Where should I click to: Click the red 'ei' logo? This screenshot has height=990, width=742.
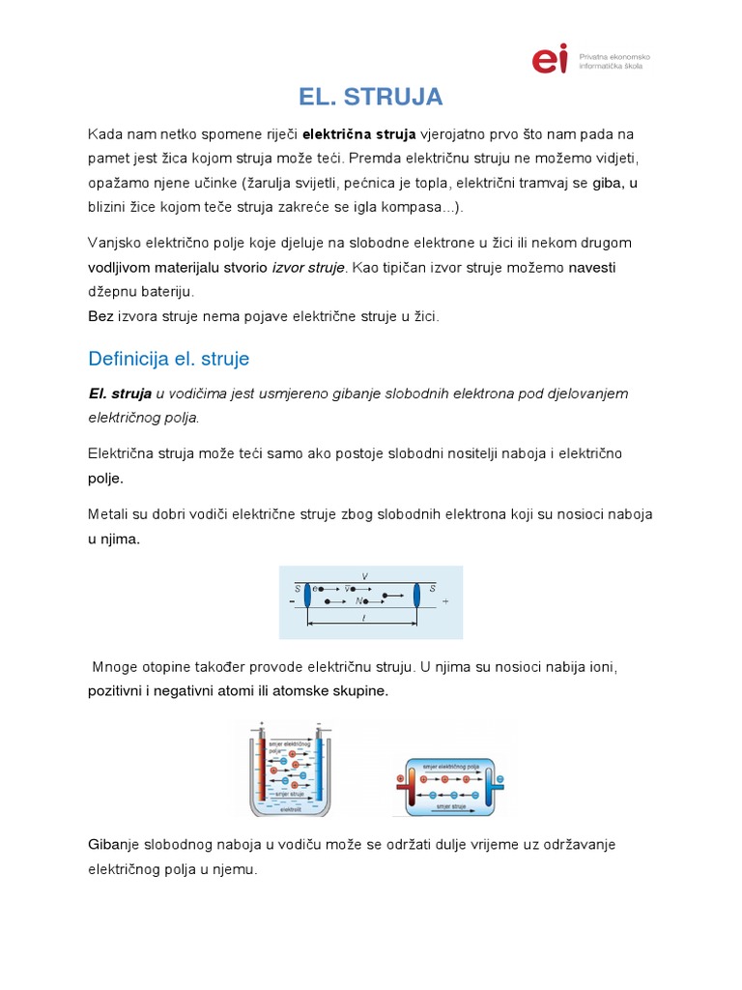(x=550, y=59)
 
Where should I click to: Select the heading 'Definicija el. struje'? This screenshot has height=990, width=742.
(x=168, y=359)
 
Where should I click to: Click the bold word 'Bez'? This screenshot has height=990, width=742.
(x=100, y=316)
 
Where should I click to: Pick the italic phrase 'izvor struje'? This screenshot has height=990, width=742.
(x=308, y=267)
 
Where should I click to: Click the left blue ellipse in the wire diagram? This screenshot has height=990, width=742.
(x=306, y=595)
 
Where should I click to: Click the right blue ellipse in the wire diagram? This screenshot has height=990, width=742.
(x=416, y=595)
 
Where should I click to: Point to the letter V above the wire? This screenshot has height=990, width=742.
(x=364, y=576)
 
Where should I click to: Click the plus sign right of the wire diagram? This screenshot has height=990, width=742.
(x=445, y=600)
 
